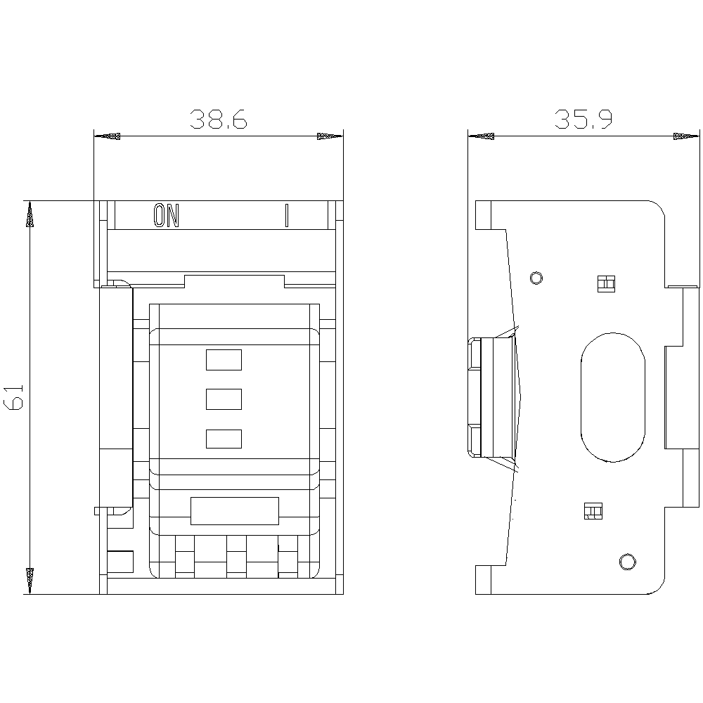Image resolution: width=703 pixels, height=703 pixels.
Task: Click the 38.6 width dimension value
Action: click(219, 119)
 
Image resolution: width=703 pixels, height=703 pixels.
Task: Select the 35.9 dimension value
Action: click(583, 119)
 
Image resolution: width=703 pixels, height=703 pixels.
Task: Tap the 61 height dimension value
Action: click(13, 396)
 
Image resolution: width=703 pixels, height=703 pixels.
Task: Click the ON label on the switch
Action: click(167, 215)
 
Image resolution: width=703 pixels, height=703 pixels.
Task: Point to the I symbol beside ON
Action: click(287, 215)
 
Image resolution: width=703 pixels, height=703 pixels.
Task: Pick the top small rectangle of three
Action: click(224, 360)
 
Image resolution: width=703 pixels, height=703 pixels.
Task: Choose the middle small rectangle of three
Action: click(224, 399)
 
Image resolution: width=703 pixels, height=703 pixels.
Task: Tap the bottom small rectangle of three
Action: click(224, 439)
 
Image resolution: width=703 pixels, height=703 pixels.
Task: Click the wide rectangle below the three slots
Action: click(235, 510)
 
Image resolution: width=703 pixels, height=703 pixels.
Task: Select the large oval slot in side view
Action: click(613, 397)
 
